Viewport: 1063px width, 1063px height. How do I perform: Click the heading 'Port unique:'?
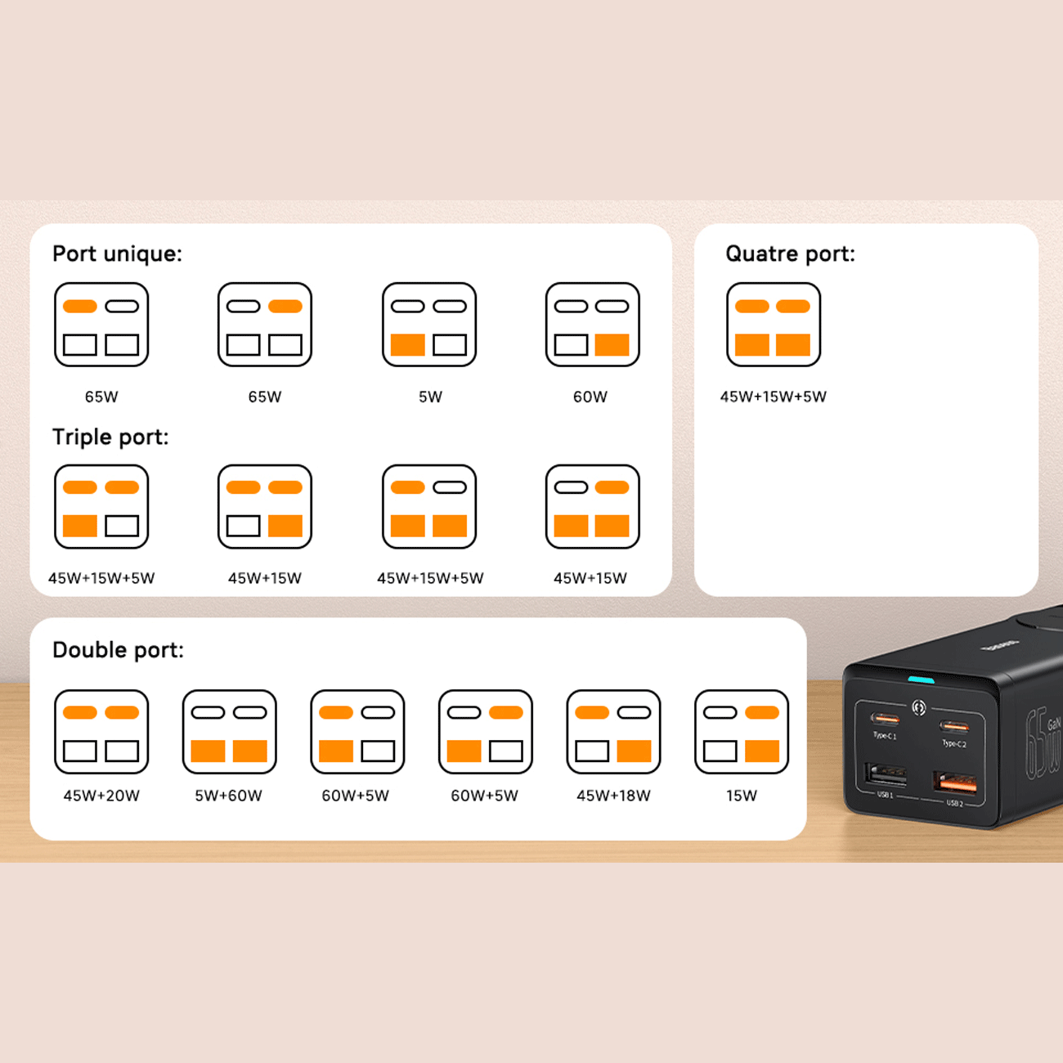point(117,253)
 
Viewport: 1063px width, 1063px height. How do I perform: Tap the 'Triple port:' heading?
point(110,437)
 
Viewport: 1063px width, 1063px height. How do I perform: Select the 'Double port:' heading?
point(118,650)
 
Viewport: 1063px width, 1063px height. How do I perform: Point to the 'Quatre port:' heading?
point(790,253)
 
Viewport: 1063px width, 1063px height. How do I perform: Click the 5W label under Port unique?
point(430,397)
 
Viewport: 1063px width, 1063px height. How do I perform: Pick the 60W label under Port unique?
point(590,397)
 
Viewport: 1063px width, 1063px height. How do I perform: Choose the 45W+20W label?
point(101,796)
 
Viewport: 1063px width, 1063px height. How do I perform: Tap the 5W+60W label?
point(228,796)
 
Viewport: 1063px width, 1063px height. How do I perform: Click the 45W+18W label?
point(613,796)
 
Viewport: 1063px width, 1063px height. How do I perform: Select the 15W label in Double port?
point(742,796)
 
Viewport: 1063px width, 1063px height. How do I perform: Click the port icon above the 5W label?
point(429,325)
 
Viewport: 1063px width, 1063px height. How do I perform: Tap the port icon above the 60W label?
point(593,325)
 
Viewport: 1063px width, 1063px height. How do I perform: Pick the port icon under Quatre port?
point(774,325)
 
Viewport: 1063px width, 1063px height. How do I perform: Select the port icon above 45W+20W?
point(101,732)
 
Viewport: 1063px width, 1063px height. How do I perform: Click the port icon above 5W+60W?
point(230,732)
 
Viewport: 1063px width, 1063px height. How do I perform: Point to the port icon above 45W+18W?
point(614,732)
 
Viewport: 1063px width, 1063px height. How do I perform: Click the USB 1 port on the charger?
point(886,774)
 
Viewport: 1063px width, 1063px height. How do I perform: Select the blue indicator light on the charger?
point(922,680)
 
